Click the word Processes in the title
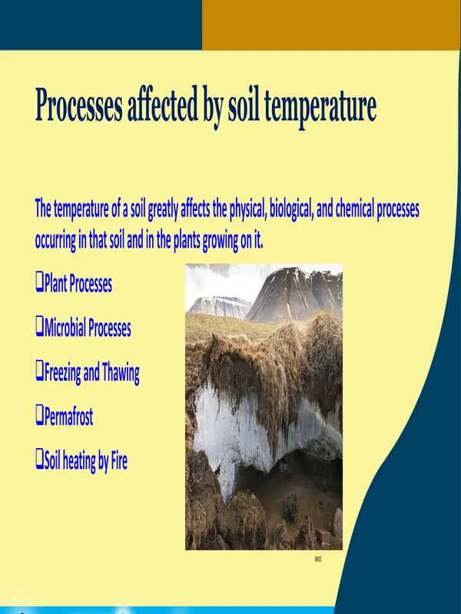tap(78, 105)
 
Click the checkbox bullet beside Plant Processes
tap(39, 282)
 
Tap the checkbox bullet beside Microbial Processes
tap(39, 327)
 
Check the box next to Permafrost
tap(39, 415)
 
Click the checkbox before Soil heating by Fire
tap(39, 459)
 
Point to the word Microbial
tap(65, 328)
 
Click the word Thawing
tap(121, 373)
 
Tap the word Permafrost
tap(68, 416)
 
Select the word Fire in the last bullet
tap(120, 460)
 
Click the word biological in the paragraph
tap(291, 209)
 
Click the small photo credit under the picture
tap(318, 560)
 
